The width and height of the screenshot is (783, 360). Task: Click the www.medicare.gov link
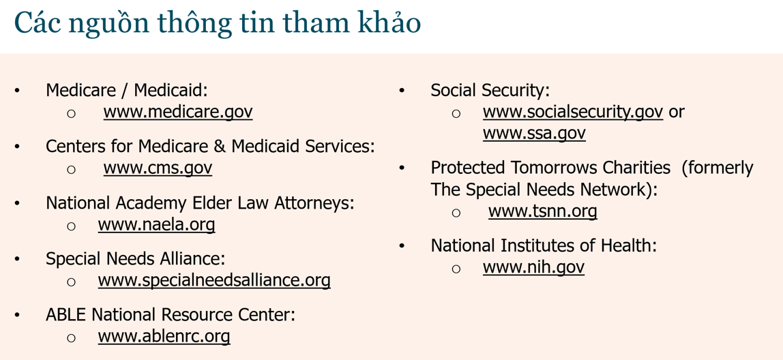coord(178,112)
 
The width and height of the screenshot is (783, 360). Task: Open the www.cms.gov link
coord(158,168)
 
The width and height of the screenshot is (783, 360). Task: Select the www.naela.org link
coord(156,224)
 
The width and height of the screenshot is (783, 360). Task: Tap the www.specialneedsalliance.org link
coord(214,280)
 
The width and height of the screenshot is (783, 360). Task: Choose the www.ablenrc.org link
coord(164,336)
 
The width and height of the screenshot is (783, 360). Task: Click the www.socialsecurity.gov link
coord(573,112)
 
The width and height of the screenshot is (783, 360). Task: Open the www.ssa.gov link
coord(534,134)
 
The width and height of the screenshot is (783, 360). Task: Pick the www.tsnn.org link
coord(543,211)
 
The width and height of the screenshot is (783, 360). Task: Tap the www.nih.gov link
coord(533,267)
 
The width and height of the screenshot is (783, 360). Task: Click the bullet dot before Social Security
coord(402,91)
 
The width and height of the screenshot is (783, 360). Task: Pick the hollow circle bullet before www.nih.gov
coord(456,269)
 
